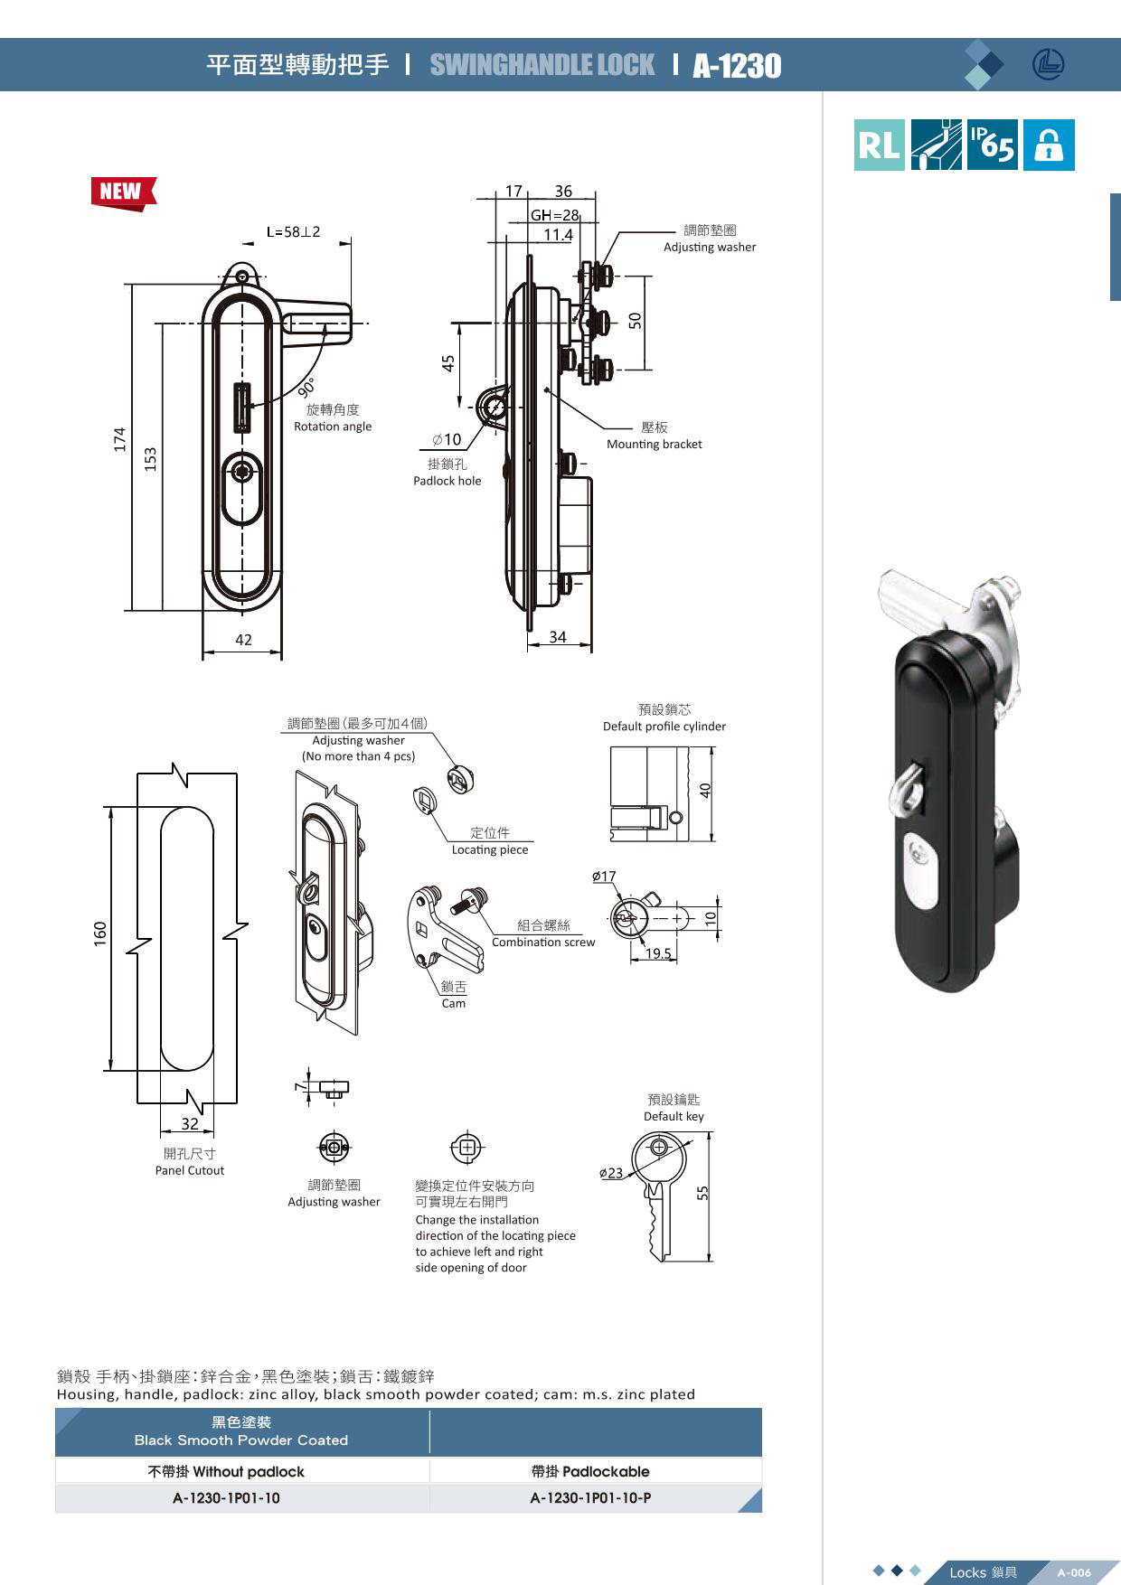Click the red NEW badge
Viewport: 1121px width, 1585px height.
point(122,192)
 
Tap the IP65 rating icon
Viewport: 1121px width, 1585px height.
point(992,145)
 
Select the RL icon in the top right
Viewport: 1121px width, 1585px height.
point(879,145)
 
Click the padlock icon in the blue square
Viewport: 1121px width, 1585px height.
point(1049,145)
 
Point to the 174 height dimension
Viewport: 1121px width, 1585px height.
point(120,439)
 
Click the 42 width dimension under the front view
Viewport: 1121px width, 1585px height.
point(243,640)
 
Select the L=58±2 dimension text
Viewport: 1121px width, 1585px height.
point(293,232)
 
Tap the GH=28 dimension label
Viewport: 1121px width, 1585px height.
point(554,215)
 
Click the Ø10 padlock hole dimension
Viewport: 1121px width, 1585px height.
point(447,440)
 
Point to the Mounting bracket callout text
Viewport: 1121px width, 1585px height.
point(654,444)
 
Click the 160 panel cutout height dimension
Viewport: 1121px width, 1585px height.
point(100,933)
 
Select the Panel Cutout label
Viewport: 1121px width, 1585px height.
point(189,1170)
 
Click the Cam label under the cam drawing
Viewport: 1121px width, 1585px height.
point(454,1003)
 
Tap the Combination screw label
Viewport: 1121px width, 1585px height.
point(543,942)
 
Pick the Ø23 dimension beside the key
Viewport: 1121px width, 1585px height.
point(611,1173)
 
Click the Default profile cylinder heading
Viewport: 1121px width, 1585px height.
point(664,726)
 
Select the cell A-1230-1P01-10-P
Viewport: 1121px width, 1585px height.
point(590,1497)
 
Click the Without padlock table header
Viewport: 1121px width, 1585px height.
point(226,1471)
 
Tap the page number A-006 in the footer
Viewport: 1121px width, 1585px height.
point(1074,1572)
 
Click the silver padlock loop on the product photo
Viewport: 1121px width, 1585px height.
point(904,787)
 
